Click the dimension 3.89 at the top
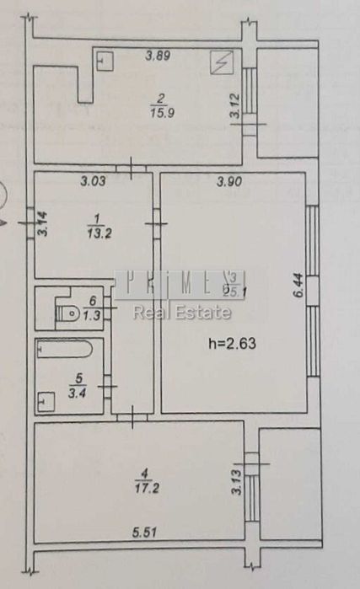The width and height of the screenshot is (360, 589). tap(159, 56)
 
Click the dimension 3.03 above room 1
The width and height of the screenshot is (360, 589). tap(93, 180)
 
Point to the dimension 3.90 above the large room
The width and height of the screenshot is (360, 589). tap(228, 180)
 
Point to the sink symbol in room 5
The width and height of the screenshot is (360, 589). tap(44, 401)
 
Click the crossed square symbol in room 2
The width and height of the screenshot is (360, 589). tap(223, 61)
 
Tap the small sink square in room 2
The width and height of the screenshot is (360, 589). tap(105, 61)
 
